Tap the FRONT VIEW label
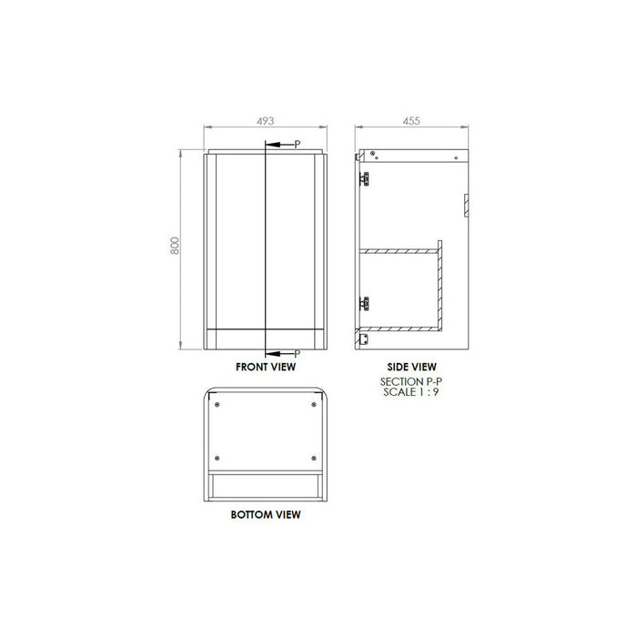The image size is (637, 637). pyautogui.click(x=265, y=368)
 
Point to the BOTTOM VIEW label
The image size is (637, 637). pyautogui.click(x=265, y=514)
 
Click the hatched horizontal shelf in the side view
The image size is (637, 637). pyautogui.click(x=400, y=248)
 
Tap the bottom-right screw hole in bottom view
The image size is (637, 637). pyautogui.click(x=312, y=457)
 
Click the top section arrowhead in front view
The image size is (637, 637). pyautogui.click(x=270, y=145)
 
